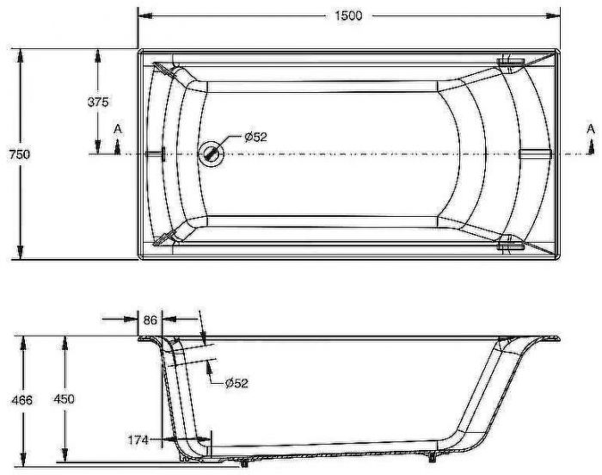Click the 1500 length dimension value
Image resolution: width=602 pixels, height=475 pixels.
coord(348,15)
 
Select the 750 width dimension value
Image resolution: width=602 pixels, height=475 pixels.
coord(19,155)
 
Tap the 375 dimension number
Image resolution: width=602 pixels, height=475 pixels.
coord(98,102)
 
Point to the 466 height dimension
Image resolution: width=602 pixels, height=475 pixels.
coord(21,400)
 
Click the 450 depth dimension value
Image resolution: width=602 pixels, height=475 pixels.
coord(64,399)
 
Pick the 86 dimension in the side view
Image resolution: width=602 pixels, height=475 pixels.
coord(150,320)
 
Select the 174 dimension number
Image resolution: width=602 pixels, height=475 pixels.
coord(138,440)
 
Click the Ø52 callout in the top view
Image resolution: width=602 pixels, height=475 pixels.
coord(255,137)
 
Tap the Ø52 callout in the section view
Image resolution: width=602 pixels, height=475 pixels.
coord(236,383)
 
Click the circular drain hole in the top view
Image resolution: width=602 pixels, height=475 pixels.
coord(211,154)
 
